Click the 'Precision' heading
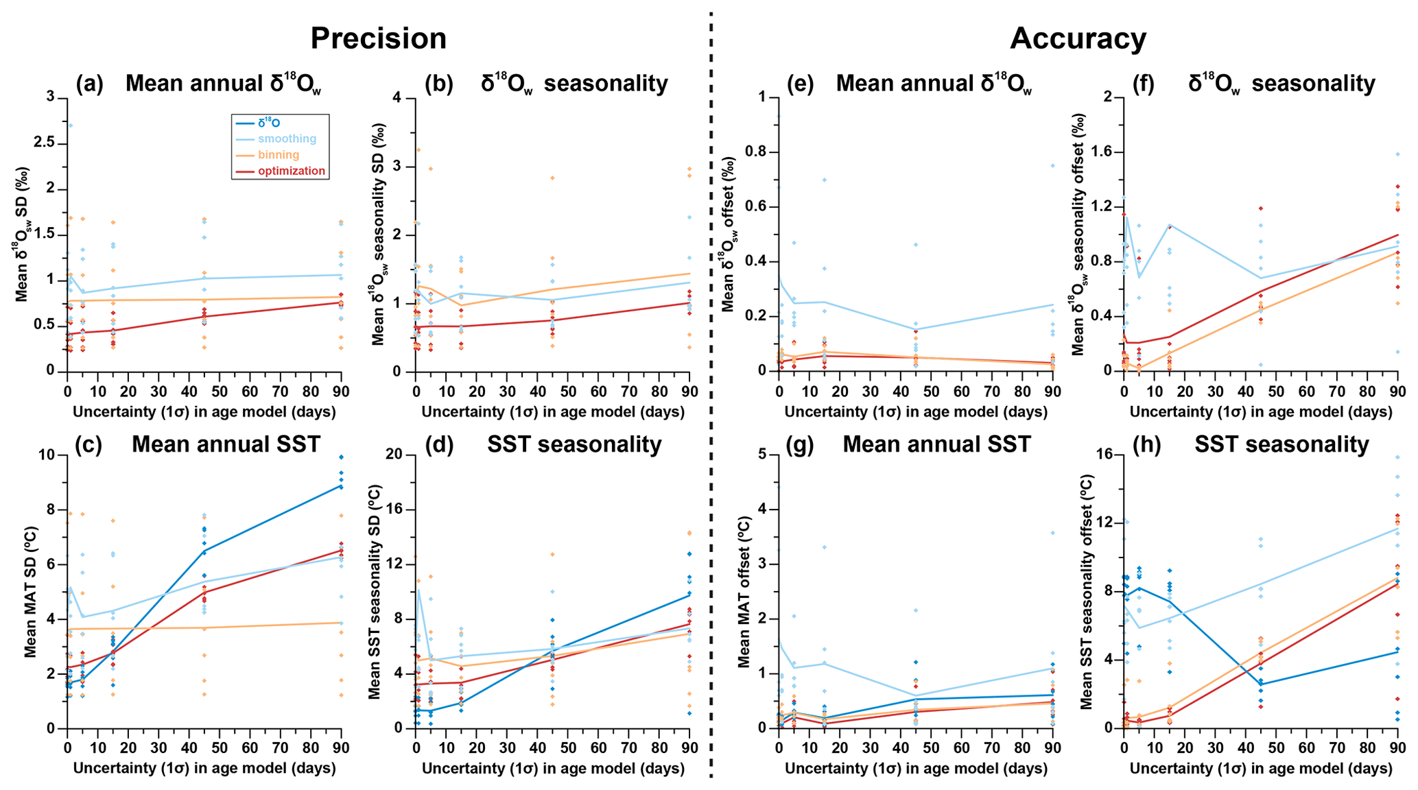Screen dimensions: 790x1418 378,38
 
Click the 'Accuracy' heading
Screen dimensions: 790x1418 1077,38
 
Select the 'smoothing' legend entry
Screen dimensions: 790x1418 287,139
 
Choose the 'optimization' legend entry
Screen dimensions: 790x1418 292,171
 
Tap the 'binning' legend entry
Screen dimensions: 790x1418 279,155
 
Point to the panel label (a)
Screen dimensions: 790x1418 90,84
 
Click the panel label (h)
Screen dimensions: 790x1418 1142,444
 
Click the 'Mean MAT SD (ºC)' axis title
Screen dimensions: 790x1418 30,592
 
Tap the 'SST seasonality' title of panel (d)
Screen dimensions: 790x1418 574,444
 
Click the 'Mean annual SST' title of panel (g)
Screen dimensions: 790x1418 936,444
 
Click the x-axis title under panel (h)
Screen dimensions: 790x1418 1260,769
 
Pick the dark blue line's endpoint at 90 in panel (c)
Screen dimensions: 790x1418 341,486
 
